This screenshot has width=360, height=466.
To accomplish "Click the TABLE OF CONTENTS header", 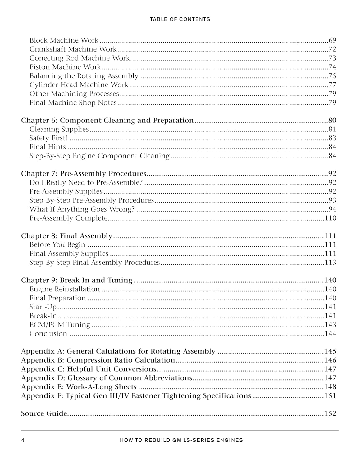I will coord(180,19).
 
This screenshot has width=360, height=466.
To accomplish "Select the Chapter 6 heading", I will coord(107,121).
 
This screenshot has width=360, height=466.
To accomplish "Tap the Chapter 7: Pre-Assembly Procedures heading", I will coord(84,174).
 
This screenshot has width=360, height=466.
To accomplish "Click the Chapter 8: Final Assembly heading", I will coord(66,236).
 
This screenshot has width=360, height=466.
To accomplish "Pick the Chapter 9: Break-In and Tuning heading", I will coord(77,281).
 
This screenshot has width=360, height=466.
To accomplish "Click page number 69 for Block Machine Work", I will coord(332,40).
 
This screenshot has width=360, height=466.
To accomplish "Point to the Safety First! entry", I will coord(48,138).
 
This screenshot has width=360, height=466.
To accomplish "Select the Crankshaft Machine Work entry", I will coord(73,49).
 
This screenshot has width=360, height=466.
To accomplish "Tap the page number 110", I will coord(330,218).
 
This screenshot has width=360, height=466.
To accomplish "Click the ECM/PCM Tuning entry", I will coord(60,325).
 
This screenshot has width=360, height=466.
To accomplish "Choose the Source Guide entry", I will coord(44,414).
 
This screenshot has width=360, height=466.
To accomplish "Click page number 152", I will coord(330,414).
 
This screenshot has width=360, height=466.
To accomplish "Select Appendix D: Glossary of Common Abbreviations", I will coord(107,378).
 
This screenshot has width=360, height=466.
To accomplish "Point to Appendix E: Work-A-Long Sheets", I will coord(79,387).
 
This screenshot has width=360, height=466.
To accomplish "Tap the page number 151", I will coord(330,396).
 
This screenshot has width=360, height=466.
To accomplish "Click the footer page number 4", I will coord(23,440).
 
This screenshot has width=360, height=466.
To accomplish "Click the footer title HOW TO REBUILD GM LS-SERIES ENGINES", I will coord(181,440).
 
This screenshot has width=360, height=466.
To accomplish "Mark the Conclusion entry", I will coord(48,334).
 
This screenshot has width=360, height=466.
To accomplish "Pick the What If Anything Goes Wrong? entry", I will coord(82,209).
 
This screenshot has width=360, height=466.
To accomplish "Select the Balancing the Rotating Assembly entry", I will coord(84,76).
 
